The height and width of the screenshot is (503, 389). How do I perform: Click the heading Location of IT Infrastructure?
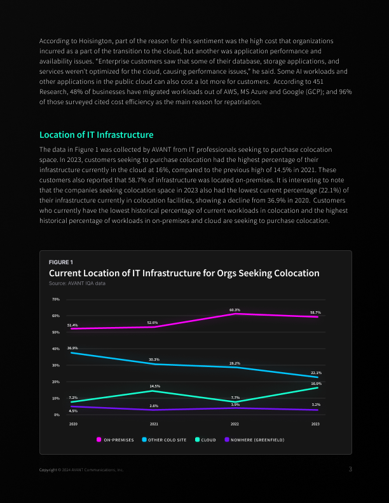point(96,135)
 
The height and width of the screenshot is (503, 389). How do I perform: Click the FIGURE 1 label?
point(61,262)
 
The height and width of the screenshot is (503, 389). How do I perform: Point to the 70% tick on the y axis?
point(56,299)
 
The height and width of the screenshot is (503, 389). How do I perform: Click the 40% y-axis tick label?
point(56,349)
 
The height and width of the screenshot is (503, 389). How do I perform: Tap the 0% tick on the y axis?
point(57,415)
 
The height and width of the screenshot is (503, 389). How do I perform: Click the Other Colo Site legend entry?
point(164,439)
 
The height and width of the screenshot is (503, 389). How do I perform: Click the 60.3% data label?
point(235,310)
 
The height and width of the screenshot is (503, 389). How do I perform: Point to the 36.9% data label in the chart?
point(72,348)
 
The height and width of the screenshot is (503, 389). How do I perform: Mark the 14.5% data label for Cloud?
point(154,386)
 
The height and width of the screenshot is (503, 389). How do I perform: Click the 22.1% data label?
point(316,373)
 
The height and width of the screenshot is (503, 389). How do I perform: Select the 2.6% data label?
point(154,406)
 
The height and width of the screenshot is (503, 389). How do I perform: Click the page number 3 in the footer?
point(350,469)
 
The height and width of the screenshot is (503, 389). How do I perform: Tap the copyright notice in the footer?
point(81,470)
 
